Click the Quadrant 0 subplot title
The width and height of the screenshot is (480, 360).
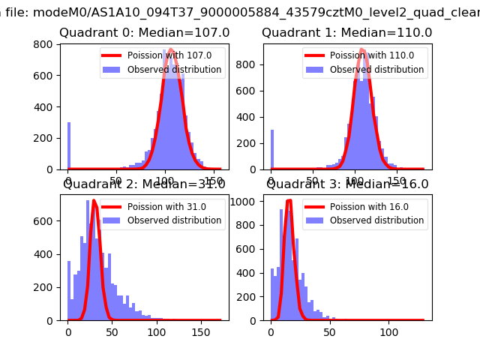click(144, 33)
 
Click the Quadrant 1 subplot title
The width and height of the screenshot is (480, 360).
click(346, 33)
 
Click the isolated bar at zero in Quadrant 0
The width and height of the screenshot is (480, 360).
click(69, 145)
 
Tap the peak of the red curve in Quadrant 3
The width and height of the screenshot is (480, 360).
click(289, 200)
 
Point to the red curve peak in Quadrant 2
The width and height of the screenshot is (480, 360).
click(94, 201)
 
